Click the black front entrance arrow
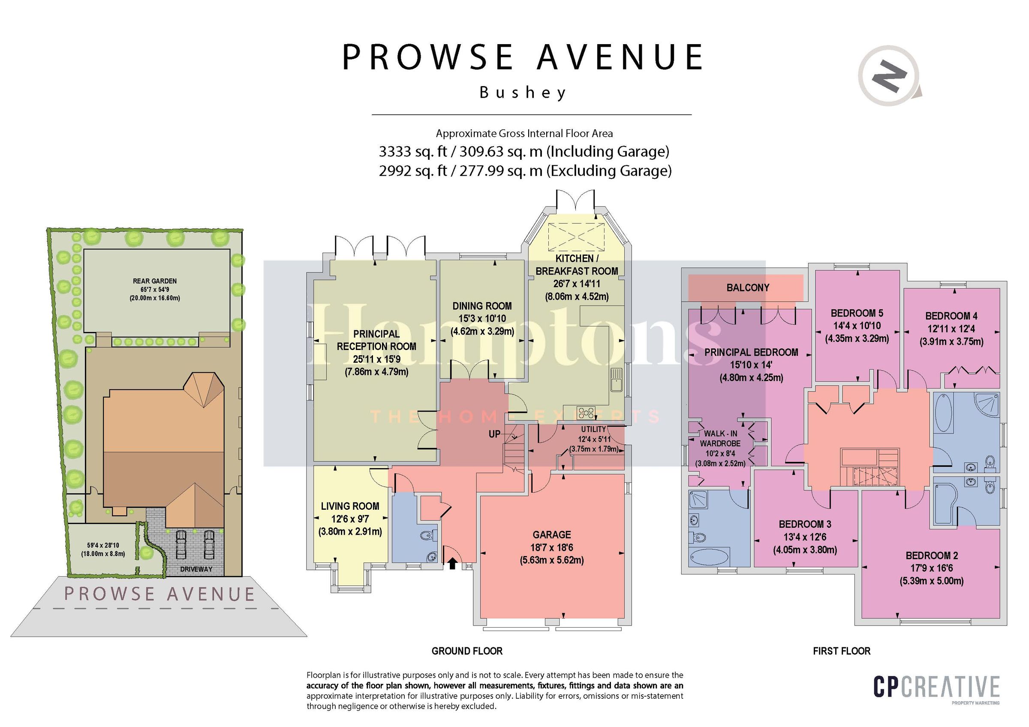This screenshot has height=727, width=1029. pyautogui.click(x=452, y=563)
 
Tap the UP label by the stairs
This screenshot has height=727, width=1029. pyautogui.click(x=494, y=434)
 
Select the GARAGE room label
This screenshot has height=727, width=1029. pyautogui.click(x=552, y=535)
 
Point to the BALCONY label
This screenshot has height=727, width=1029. pyautogui.click(x=748, y=287)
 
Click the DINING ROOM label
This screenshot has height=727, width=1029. pyautogui.click(x=482, y=306)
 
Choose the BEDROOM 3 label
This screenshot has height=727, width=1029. pyautogui.click(x=805, y=524)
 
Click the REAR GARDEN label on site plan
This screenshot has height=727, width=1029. pyautogui.click(x=155, y=281)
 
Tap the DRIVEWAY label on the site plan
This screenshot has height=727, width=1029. pyautogui.click(x=196, y=569)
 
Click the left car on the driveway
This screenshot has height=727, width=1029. pyautogui.click(x=181, y=544)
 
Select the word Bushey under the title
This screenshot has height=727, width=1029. pyautogui.click(x=523, y=93)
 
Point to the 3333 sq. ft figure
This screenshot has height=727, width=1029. pyautogui.click(x=412, y=152)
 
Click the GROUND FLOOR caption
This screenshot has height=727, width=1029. pyautogui.click(x=467, y=651)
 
